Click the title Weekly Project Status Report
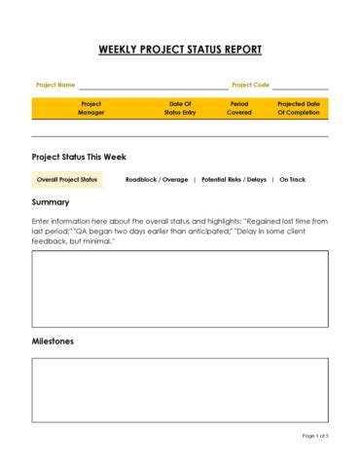pyautogui.click(x=180, y=50)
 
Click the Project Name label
pyautogui.click(x=55, y=85)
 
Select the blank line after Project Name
pyautogui.click(x=152, y=87)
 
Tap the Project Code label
pyautogui.click(x=250, y=85)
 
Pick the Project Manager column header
pyautogui.click(x=90, y=108)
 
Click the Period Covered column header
pyautogui.click(x=239, y=108)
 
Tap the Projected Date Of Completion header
pyautogui.click(x=298, y=108)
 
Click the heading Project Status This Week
pyautogui.click(x=79, y=157)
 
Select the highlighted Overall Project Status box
pyautogui.click(x=67, y=180)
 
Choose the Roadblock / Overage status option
pyautogui.click(x=157, y=180)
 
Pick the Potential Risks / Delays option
pyautogui.click(x=234, y=180)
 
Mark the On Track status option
pyautogui.click(x=292, y=180)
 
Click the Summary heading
pyautogui.click(x=51, y=202)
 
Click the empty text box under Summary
pyautogui.click(x=180, y=289)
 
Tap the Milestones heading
pyautogui.click(x=53, y=341)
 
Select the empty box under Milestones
pyautogui.click(x=180, y=389)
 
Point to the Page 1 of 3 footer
pyautogui.click(x=315, y=435)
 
